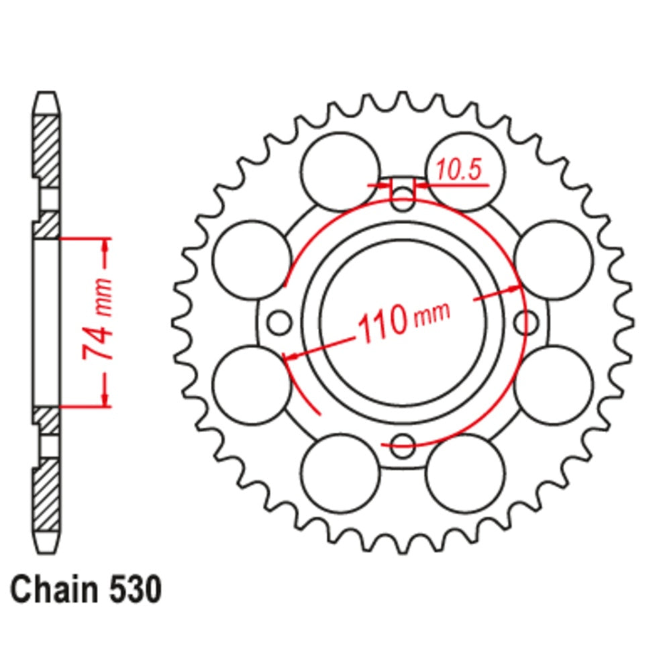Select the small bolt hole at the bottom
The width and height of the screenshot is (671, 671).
[403, 442]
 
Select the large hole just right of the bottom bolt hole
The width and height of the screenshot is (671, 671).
[465, 472]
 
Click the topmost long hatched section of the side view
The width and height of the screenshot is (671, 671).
[47, 151]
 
